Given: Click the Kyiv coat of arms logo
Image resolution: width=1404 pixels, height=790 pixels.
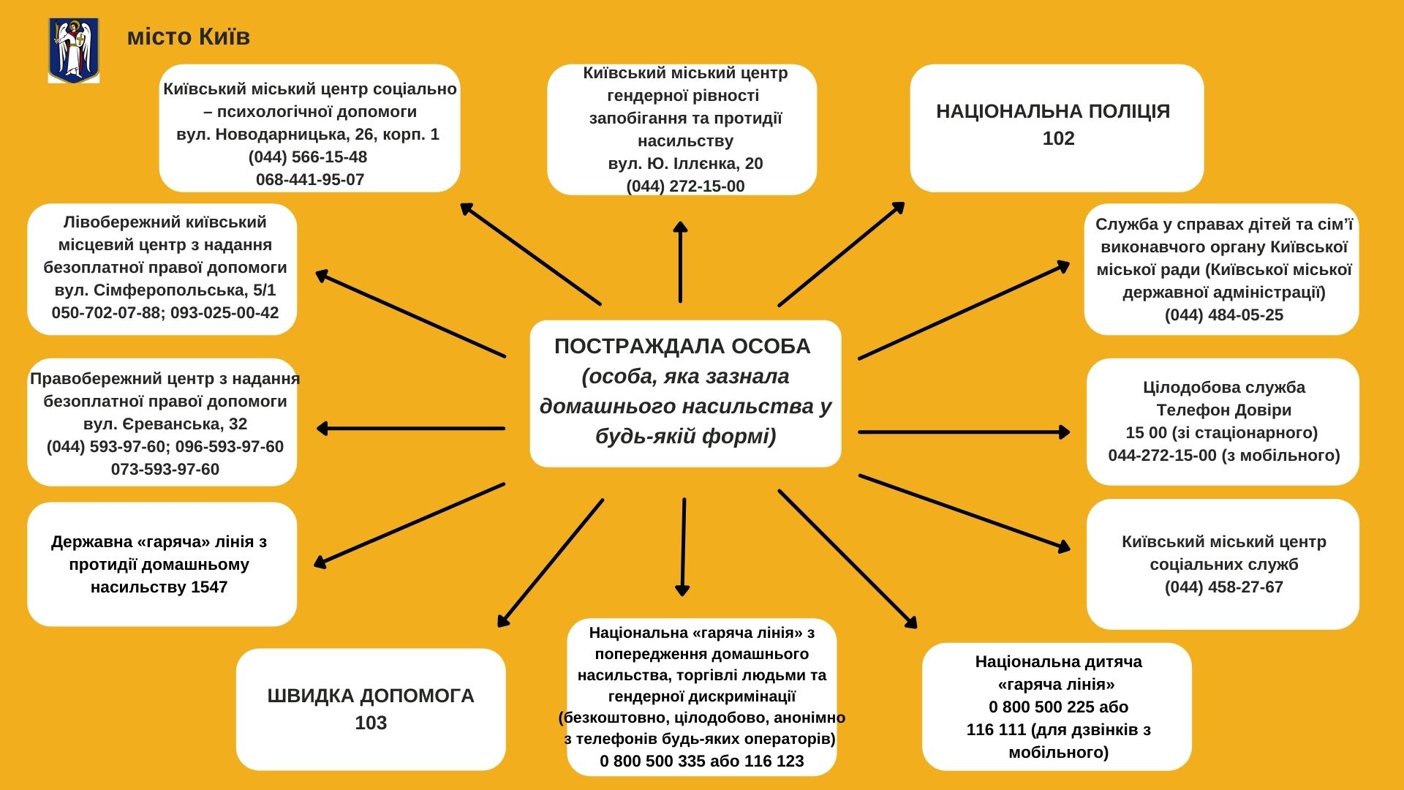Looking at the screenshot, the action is point(74,50).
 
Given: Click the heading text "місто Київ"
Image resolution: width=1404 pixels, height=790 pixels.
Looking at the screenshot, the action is point(189,37).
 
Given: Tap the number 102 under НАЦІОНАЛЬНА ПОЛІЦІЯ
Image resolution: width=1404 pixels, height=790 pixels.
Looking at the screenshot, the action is point(1058,138).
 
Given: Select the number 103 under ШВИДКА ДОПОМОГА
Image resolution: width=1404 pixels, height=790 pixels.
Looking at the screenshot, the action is point(371,723).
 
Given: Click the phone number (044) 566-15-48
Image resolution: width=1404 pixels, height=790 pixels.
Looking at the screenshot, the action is point(308,157).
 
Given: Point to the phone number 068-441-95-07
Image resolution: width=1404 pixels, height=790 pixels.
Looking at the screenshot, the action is point(310,179).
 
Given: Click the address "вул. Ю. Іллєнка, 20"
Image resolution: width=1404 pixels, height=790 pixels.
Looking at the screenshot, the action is point(685,163).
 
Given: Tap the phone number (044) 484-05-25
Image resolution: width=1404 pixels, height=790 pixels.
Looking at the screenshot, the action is point(1224,315).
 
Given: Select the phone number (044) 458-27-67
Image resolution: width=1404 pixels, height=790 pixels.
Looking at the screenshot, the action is point(1224,587).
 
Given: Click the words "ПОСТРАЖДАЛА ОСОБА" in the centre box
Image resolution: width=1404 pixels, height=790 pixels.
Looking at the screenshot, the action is point(682,346).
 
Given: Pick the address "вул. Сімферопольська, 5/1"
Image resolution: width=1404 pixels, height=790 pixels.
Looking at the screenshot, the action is point(165,290).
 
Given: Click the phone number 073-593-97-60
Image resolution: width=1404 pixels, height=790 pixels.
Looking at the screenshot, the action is point(165,469).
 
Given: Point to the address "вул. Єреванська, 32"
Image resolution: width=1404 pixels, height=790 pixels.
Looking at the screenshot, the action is point(165,424).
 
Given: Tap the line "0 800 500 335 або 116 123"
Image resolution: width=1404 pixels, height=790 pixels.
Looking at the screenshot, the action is point(702,761).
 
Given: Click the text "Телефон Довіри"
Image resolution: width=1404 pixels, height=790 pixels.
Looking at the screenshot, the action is point(1224,410).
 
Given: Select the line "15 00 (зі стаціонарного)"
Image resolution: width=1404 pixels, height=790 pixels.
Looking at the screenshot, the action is point(1222,432).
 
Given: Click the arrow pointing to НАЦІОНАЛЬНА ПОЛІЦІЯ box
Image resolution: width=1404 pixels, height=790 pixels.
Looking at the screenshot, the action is point(842,254).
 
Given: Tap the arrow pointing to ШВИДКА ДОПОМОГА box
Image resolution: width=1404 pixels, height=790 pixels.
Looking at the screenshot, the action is point(551,563).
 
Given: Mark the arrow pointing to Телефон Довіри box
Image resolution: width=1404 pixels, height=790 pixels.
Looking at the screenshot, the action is point(965,432).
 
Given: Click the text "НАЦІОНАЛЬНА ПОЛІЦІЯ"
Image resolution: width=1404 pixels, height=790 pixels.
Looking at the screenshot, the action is point(1053,111).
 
